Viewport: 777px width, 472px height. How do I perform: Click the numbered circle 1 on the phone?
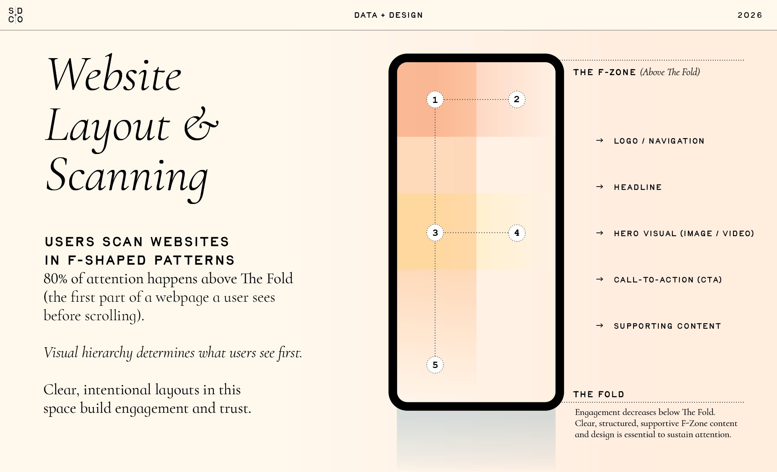pyautogui.click(x=435, y=100)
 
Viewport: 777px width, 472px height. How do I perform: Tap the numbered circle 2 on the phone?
pyautogui.click(x=517, y=99)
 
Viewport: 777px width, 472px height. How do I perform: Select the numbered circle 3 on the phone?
pyautogui.click(x=435, y=233)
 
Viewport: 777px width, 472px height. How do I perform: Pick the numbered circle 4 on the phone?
pyautogui.click(x=517, y=233)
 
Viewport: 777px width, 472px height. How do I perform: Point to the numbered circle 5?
pyautogui.click(x=435, y=365)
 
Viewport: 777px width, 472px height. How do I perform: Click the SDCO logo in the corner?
pyautogui.click(x=16, y=15)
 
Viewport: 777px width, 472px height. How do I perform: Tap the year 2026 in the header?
pyautogui.click(x=750, y=15)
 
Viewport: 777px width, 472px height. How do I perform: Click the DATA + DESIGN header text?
pyautogui.click(x=388, y=15)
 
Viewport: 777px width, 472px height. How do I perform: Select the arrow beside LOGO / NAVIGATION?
pyautogui.click(x=600, y=141)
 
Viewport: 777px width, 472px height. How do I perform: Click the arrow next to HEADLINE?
pyautogui.click(x=600, y=187)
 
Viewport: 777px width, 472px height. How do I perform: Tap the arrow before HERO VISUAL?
pyautogui.click(x=600, y=233)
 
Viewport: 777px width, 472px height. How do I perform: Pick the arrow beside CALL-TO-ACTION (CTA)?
pyautogui.click(x=600, y=279)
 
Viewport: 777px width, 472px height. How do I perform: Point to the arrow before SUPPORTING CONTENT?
pyautogui.click(x=600, y=326)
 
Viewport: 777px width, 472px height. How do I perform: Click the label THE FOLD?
pyautogui.click(x=598, y=394)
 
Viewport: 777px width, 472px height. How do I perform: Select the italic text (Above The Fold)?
pyautogui.click(x=670, y=72)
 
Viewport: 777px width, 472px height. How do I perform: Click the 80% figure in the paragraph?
pyautogui.click(x=55, y=279)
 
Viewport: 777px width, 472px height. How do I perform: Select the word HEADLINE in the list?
pyautogui.click(x=638, y=187)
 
